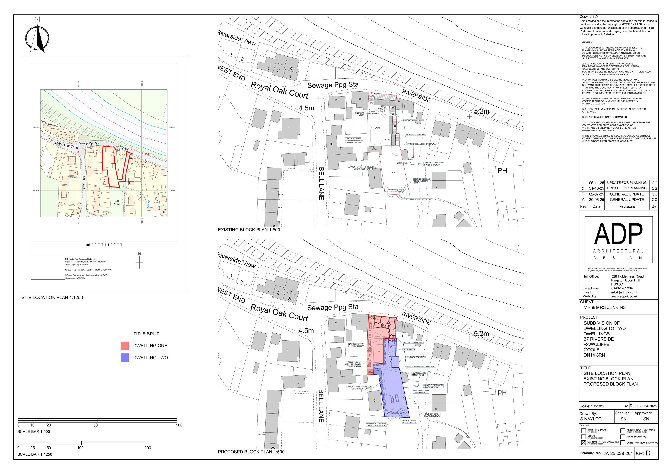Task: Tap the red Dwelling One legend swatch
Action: point(125,346)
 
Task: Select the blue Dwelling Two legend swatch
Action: point(125,358)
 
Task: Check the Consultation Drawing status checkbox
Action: point(583,443)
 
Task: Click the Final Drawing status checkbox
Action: point(622,437)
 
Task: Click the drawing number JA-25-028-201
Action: point(618,453)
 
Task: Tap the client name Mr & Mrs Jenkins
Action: point(605,307)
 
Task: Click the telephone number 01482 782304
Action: point(622,288)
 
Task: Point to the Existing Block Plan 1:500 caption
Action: point(249,230)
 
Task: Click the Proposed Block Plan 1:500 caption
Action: point(251,452)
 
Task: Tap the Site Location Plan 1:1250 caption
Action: point(52,297)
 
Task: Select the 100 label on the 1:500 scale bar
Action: point(179,425)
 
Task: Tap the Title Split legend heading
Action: point(146,334)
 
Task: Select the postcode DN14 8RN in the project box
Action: point(594,355)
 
